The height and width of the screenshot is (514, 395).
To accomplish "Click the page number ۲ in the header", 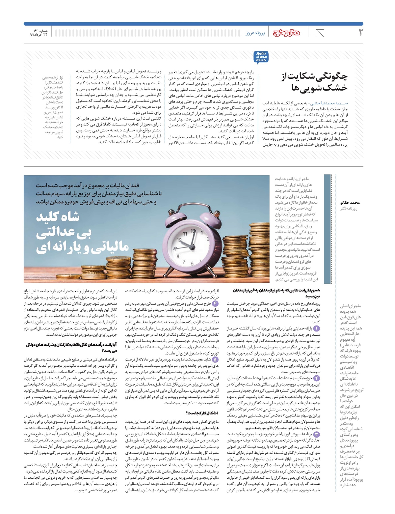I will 360,32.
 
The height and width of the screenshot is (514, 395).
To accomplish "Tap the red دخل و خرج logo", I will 287,32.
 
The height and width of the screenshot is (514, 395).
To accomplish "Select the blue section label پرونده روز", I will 255,33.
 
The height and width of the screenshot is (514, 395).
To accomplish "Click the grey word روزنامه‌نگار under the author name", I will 349,209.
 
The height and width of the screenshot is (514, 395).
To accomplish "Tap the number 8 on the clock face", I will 178,256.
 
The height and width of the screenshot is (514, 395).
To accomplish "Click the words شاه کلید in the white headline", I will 58,217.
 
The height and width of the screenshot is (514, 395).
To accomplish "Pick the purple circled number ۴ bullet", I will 215,303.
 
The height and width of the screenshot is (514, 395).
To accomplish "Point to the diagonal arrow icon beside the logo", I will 320,33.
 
